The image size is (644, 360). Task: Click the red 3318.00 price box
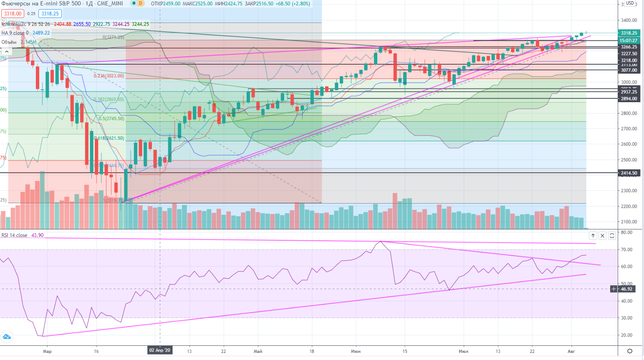[13, 14]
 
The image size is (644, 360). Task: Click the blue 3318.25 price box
[50, 14]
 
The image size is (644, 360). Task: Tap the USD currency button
[630, 3]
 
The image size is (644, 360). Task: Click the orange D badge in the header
[141, 3]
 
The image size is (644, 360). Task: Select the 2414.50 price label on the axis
[629, 173]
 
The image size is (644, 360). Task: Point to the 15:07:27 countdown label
[629, 40]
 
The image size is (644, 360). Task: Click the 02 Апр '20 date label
[160, 350]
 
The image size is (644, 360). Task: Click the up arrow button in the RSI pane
[593, 236]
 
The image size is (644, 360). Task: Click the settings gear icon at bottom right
[630, 351]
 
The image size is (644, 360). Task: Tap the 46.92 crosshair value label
[626, 289]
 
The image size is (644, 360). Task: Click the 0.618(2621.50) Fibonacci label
[109, 138]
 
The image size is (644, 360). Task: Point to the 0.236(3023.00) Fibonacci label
[109, 76]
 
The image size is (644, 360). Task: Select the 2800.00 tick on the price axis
[629, 113]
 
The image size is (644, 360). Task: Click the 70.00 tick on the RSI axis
[626, 250]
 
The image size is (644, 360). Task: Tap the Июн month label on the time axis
[356, 351]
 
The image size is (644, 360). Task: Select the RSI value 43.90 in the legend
[38, 235]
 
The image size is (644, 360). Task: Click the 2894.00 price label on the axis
[629, 99]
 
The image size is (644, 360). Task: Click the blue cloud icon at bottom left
[7, 337]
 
